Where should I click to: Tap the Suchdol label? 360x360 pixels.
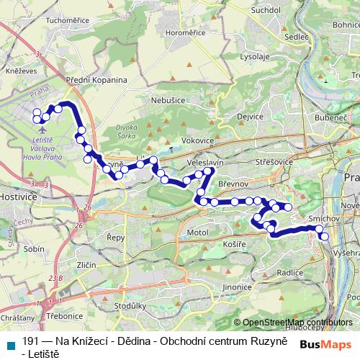pos(266,10)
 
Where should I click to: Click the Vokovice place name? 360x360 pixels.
pos(198,140)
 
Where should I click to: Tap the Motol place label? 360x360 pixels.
pos(197,234)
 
